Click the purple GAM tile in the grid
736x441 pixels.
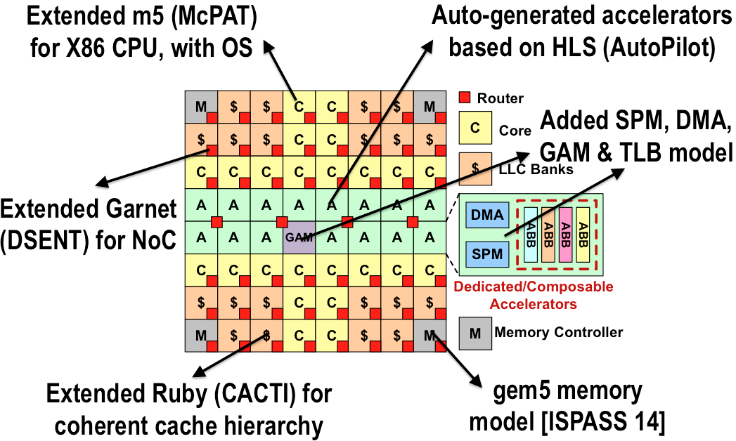(x=298, y=237)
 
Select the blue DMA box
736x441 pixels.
(x=487, y=216)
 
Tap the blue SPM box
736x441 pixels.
(x=487, y=253)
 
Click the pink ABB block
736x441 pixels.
(x=564, y=235)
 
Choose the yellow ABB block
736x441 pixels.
(x=581, y=235)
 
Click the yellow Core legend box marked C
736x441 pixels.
(x=474, y=129)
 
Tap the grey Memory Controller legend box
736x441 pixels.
(x=474, y=332)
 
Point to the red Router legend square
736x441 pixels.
(x=465, y=98)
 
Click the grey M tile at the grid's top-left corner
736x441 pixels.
(x=200, y=107)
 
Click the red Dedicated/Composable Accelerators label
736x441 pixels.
(x=534, y=296)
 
